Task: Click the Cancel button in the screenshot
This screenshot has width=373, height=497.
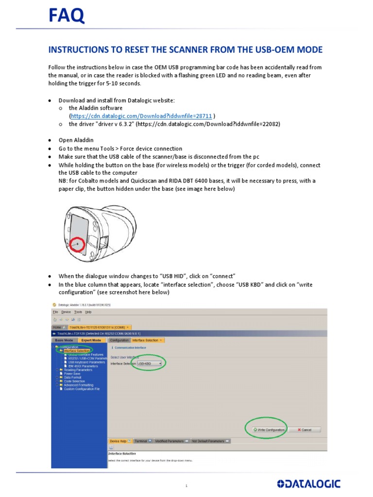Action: click(x=305, y=430)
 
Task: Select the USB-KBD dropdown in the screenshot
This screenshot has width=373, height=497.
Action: click(x=149, y=363)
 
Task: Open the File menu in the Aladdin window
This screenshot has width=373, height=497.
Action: click(x=55, y=312)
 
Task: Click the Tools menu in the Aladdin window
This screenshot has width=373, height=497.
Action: click(x=78, y=312)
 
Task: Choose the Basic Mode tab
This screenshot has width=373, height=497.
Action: click(x=64, y=340)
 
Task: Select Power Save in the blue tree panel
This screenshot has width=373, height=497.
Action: click(x=71, y=373)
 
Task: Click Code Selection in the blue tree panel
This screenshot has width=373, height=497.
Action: click(x=74, y=381)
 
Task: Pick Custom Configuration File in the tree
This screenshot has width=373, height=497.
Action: click(x=82, y=389)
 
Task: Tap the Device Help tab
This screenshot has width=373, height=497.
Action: click(x=119, y=441)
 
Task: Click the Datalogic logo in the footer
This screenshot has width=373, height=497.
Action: click(x=308, y=483)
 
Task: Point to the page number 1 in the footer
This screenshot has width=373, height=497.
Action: click(x=186, y=485)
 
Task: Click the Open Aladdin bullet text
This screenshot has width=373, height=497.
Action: click(x=76, y=140)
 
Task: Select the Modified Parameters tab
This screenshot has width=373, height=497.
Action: click(x=170, y=441)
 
